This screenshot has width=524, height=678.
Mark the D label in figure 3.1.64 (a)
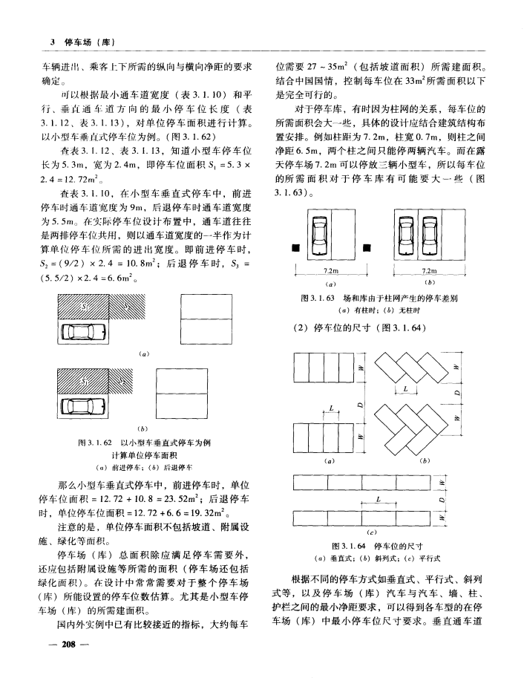point(360,405)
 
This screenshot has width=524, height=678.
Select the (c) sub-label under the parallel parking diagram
point(369,532)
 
